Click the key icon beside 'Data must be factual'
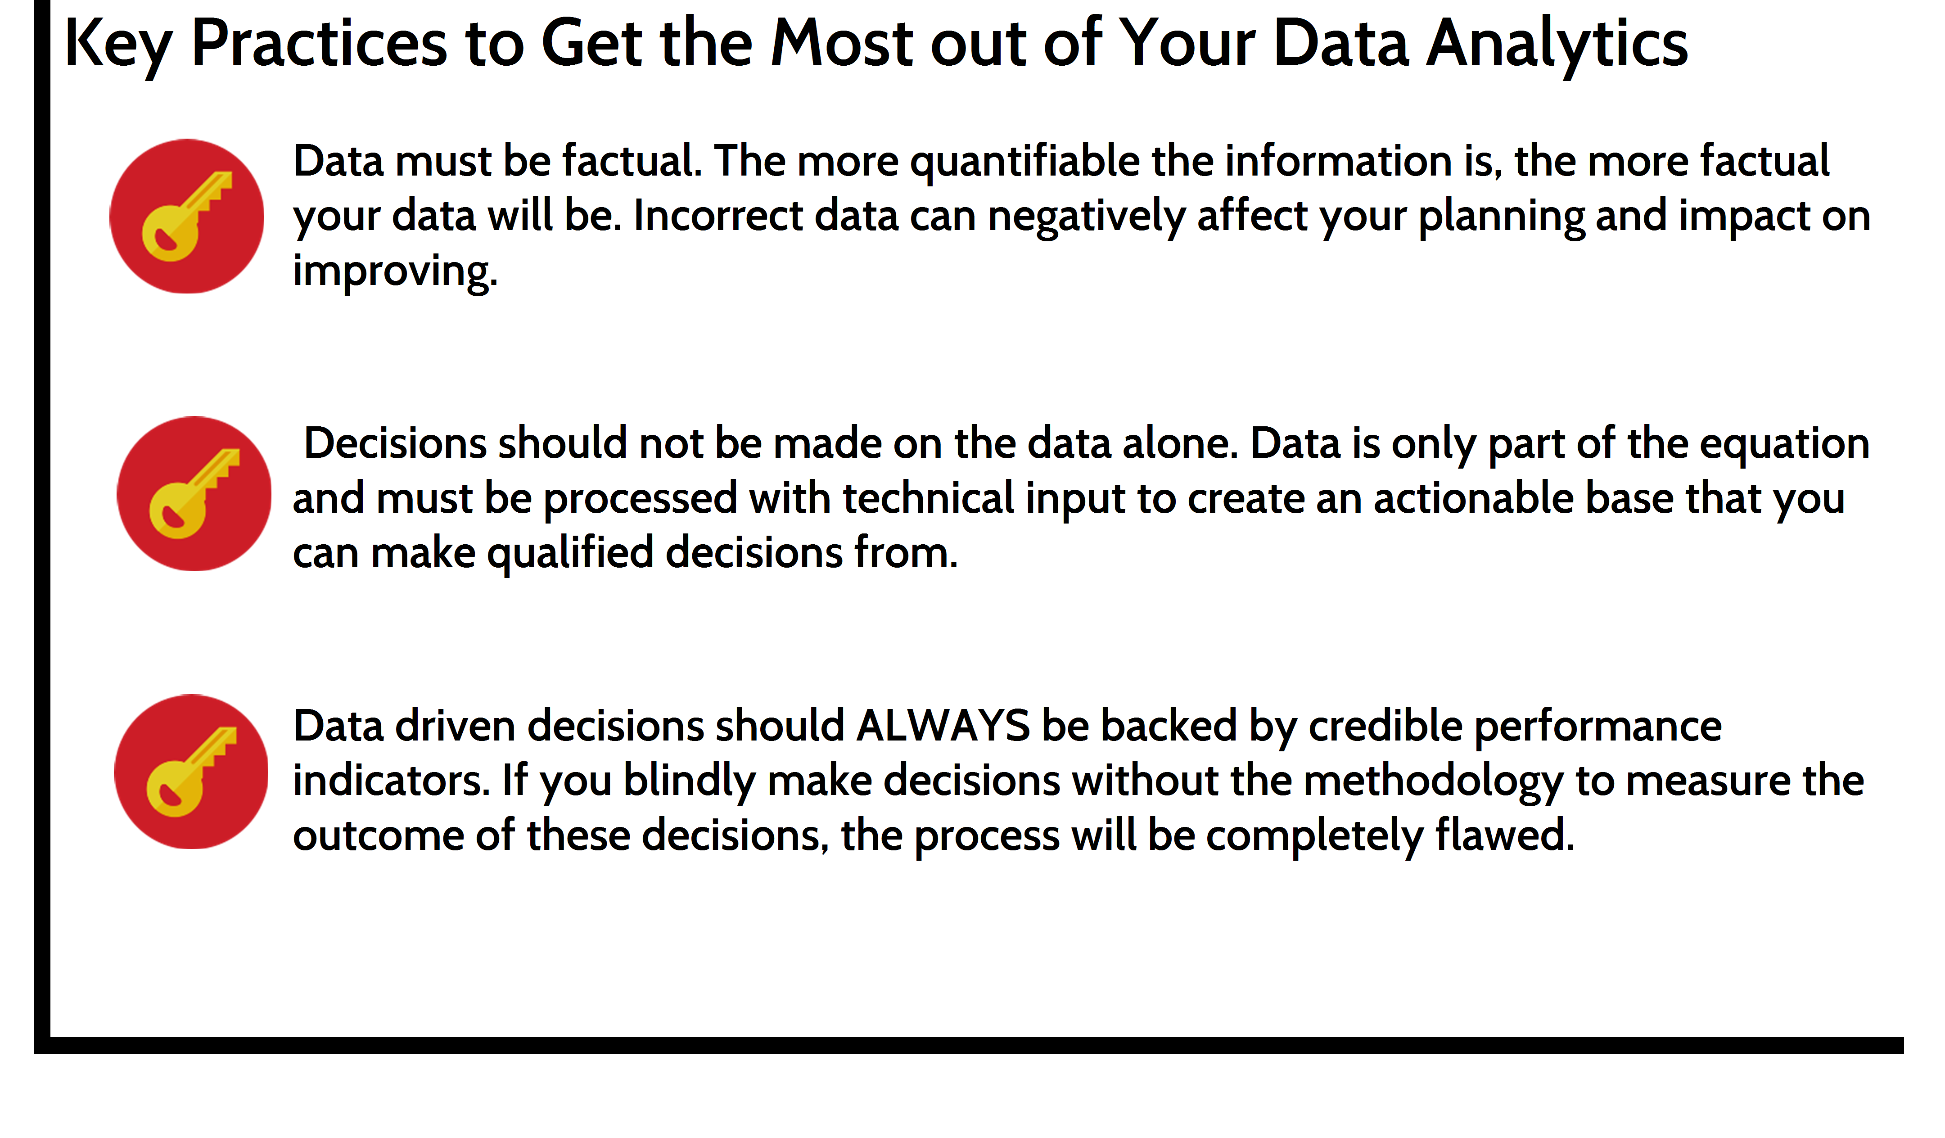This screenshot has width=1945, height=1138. pyautogui.click(x=187, y=216)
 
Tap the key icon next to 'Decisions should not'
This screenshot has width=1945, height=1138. pyautogui.click(x=194, y=493)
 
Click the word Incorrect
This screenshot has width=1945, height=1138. pyautogui.click(x=718, y=216)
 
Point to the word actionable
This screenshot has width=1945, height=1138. pyautogui.click(x=1473, y=498)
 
